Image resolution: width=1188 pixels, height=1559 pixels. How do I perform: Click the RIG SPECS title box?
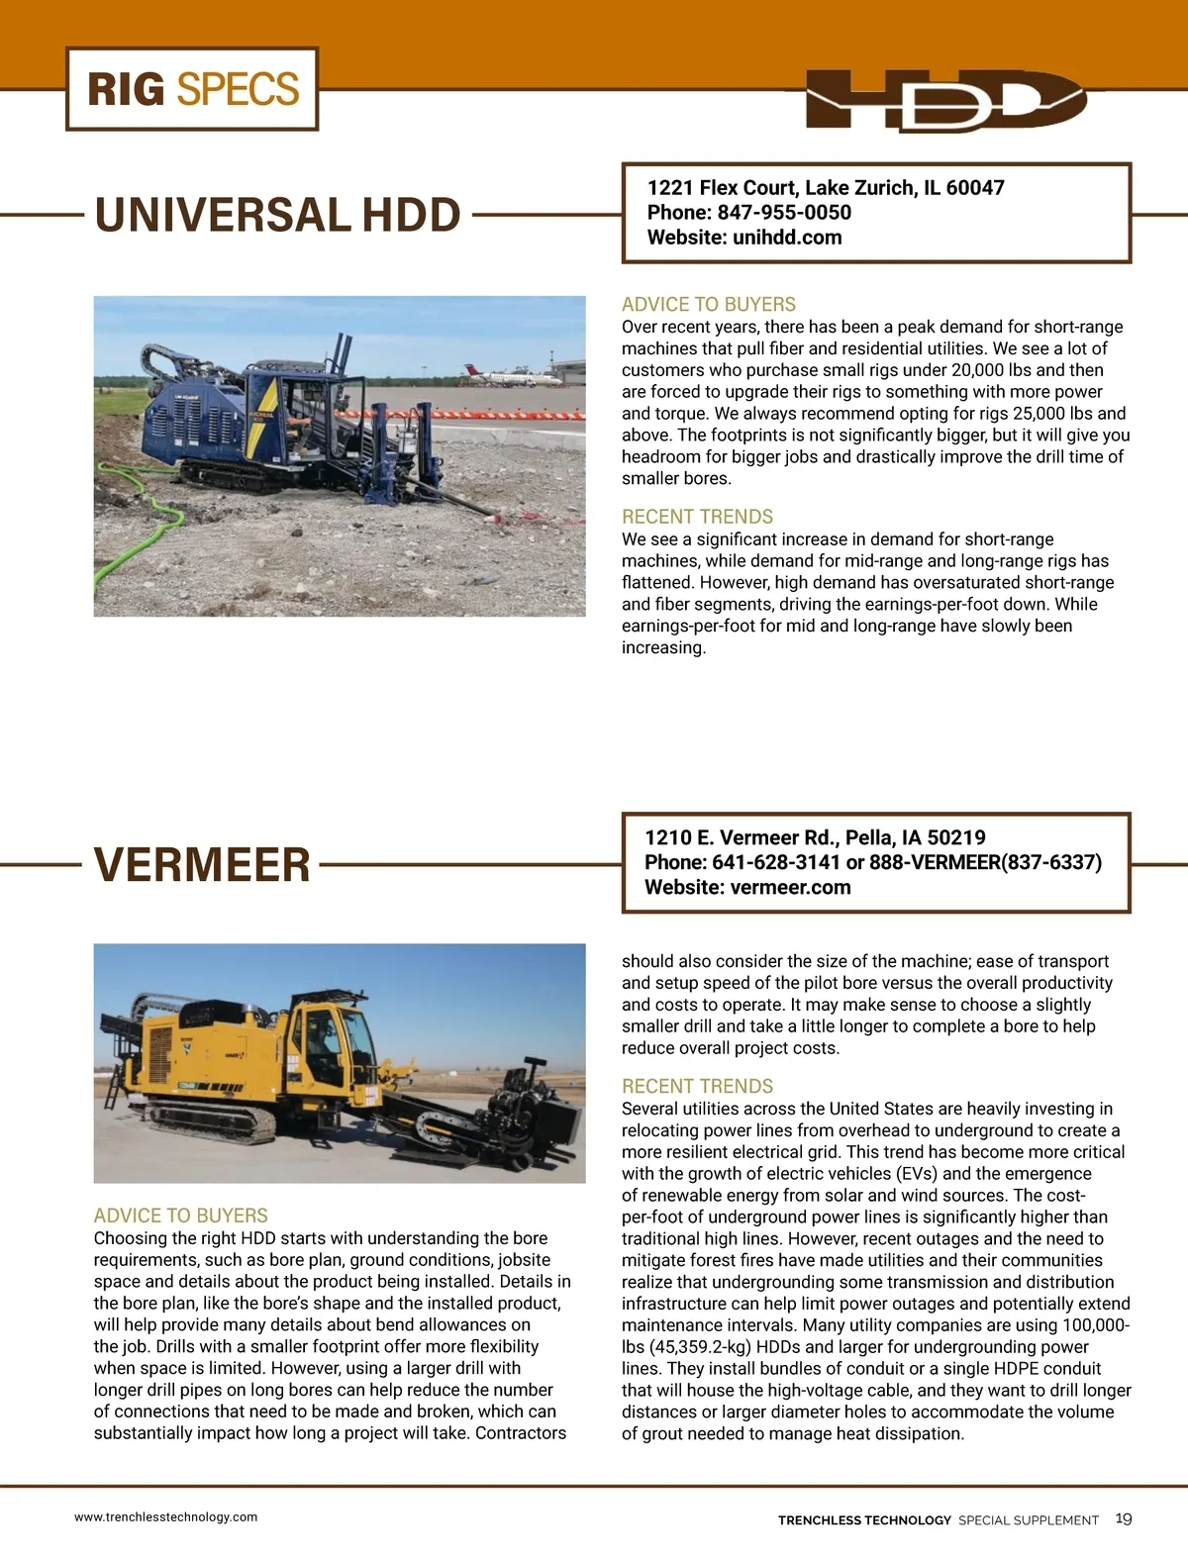click(x=192, y=89)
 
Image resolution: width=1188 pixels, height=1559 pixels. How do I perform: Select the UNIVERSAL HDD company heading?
click(x=277, y=216)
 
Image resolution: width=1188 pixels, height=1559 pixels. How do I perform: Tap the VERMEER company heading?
click(x=202, y=865)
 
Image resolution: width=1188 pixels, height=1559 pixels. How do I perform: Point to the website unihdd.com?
click(x=787, y=238)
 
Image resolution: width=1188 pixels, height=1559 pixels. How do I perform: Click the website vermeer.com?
click(x=790, y=888)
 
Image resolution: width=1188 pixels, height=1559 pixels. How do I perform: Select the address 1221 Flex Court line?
click(x=825, y=188)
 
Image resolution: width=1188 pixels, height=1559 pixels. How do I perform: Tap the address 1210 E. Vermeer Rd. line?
click(x=814, y=837)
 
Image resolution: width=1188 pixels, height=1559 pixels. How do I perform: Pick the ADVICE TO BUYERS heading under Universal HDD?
click(x=708, y=305)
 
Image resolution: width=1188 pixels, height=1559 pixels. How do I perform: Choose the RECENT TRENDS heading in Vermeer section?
click(x=697, y=1086)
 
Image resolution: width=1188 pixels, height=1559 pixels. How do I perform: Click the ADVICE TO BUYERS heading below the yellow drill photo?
click(x=180, y=1216)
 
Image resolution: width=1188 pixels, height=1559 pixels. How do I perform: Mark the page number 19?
click(x=1124, y=1519)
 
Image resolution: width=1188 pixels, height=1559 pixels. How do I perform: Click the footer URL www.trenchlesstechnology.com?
click(x=165, y=1517)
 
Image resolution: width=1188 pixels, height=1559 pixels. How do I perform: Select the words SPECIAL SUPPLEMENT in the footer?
click(x=1028, y=1520)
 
